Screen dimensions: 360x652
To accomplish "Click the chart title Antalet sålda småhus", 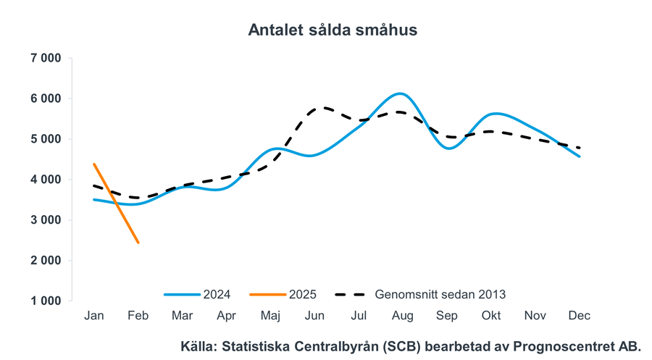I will click(333, 30).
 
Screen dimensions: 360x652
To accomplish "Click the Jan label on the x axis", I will click(94, 316).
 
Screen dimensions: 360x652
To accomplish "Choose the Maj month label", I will click(270, 316).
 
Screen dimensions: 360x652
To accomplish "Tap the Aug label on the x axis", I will click(402, 316).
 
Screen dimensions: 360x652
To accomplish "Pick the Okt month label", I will click(491, 316).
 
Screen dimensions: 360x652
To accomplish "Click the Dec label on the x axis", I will click(580, 316).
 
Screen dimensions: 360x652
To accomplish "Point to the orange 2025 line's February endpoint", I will click(138, 242).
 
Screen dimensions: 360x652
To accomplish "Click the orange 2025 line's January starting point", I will click(94, 164).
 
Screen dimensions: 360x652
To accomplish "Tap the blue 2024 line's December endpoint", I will click(579, 156).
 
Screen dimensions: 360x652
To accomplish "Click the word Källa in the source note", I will click(196, 346).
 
